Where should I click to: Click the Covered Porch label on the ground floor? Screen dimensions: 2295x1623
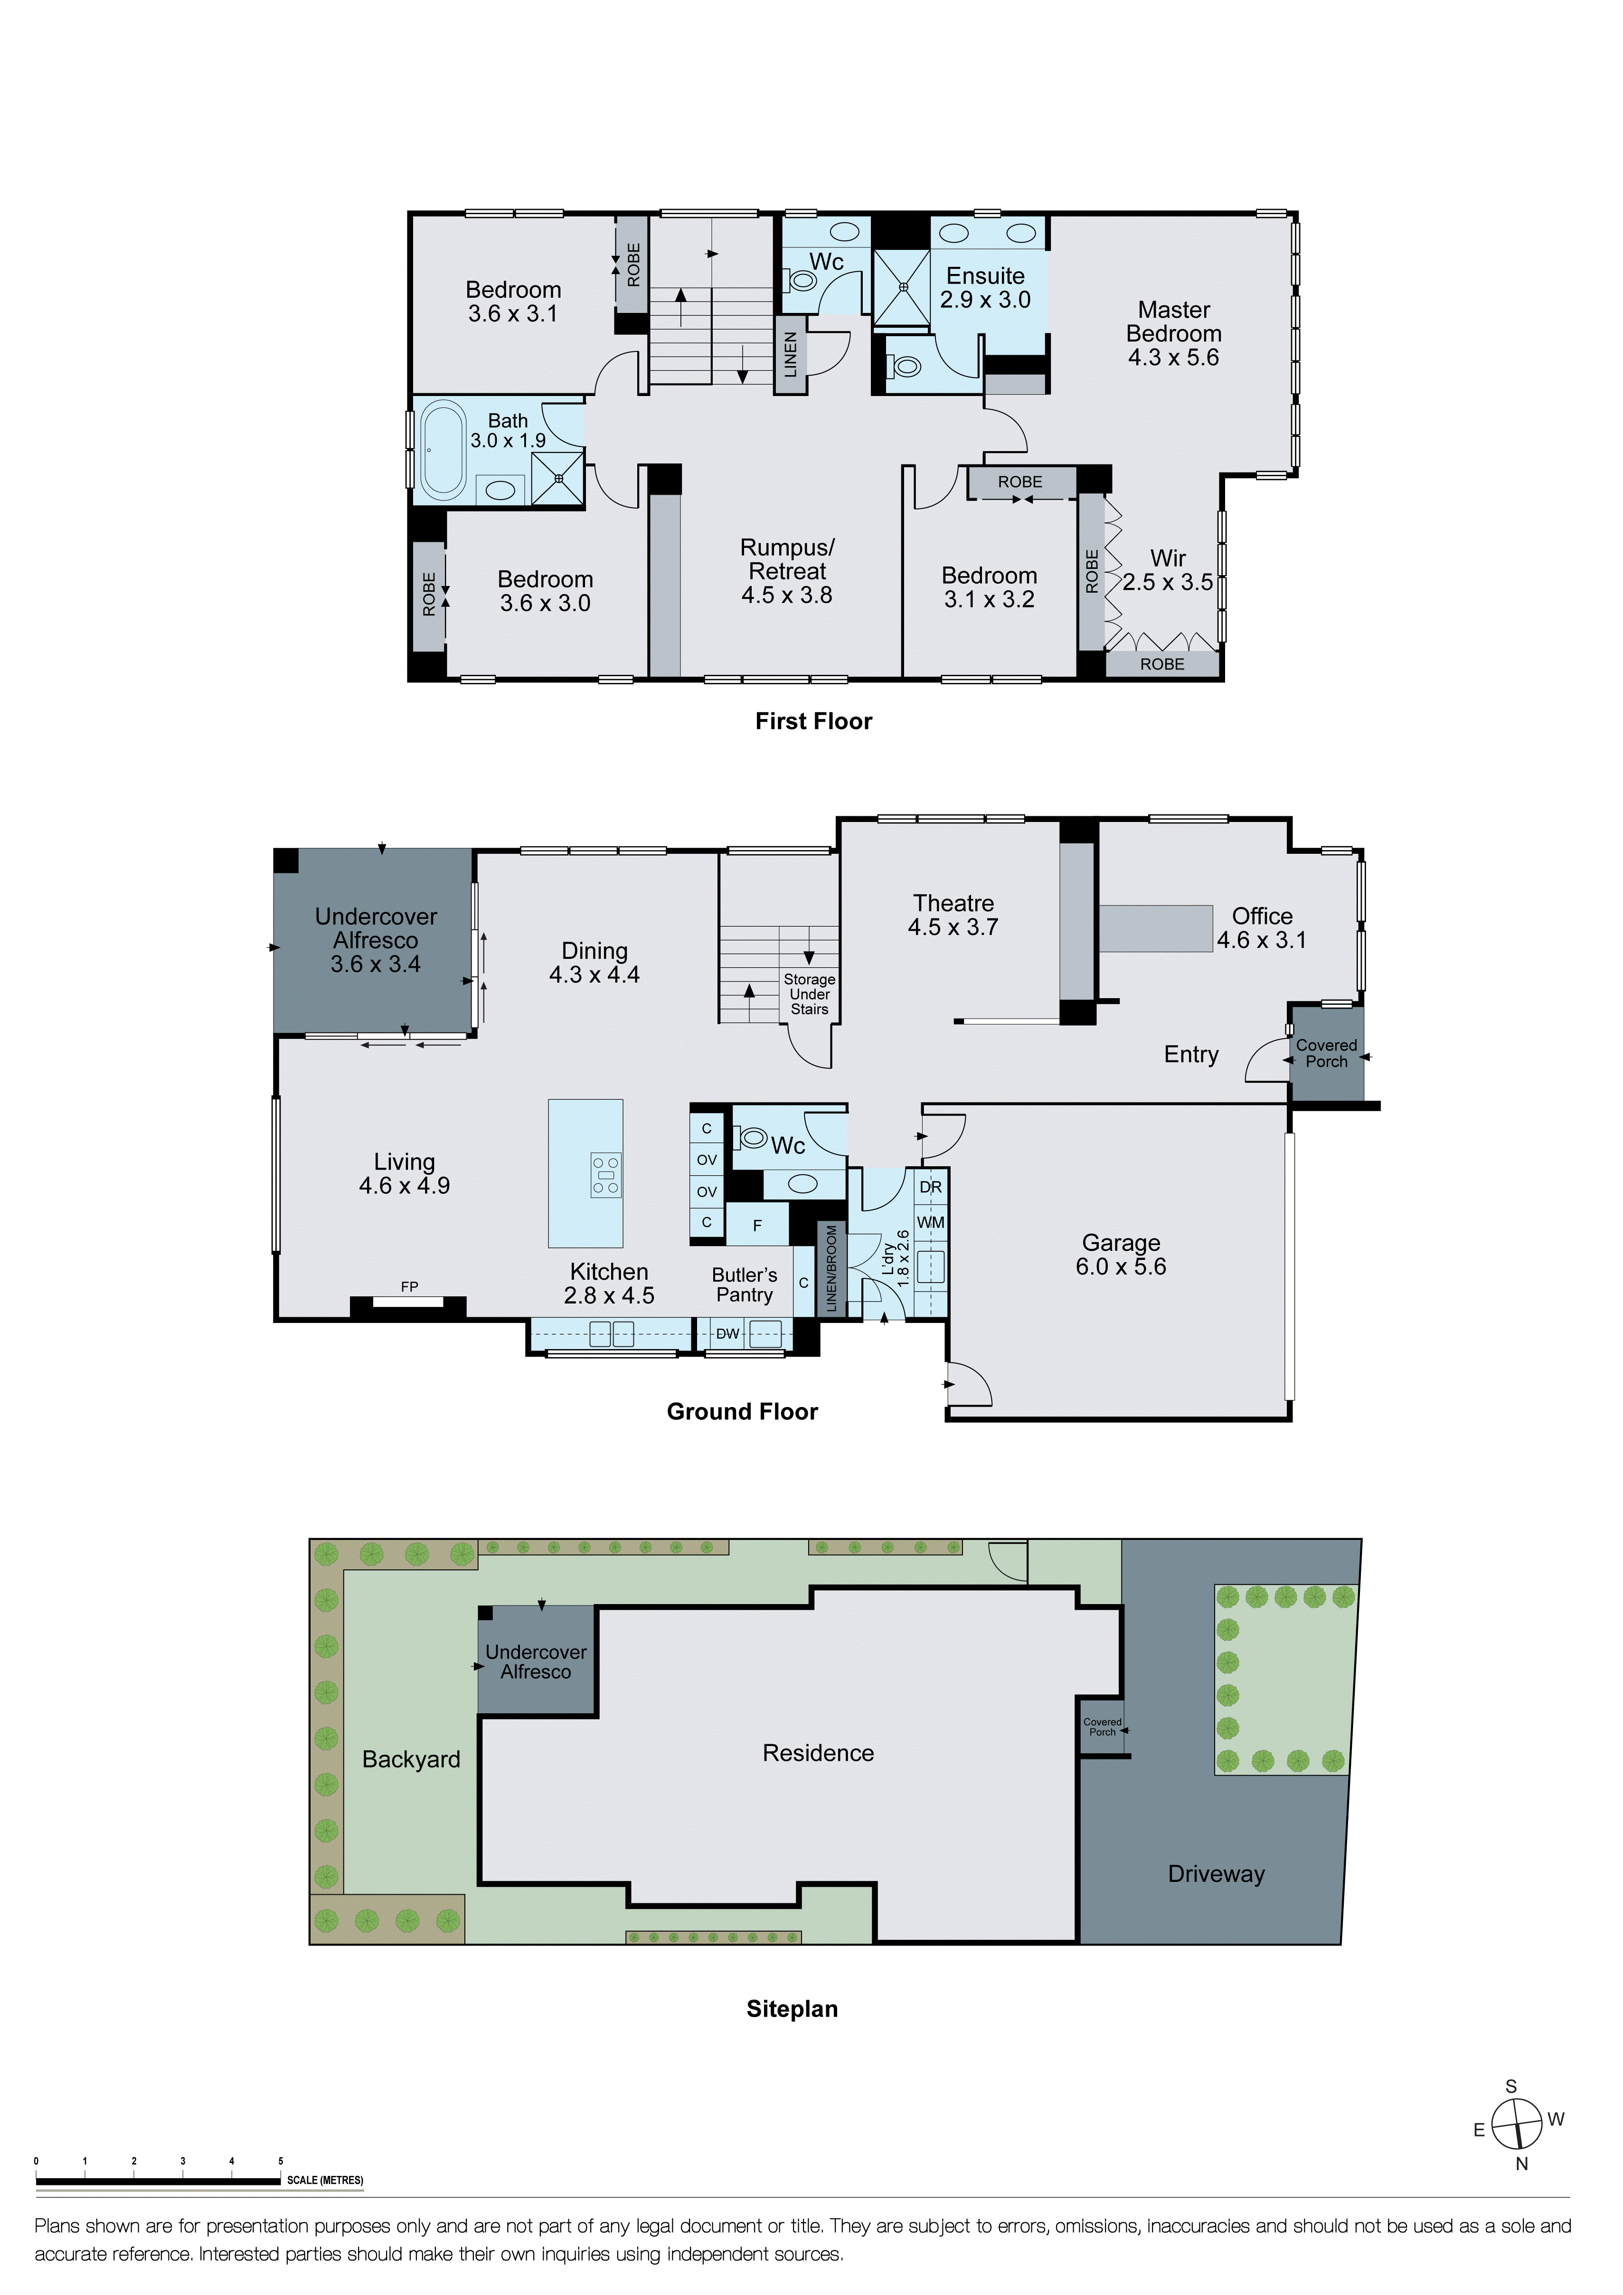tap(1326, 1054)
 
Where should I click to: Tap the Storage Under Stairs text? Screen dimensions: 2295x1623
tap(810, 994)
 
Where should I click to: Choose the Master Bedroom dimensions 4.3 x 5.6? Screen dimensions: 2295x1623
tap(1173, 358)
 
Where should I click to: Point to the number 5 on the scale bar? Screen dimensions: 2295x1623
tap(281, 2161)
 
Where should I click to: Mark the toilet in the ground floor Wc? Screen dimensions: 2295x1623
tap(751, 1137)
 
